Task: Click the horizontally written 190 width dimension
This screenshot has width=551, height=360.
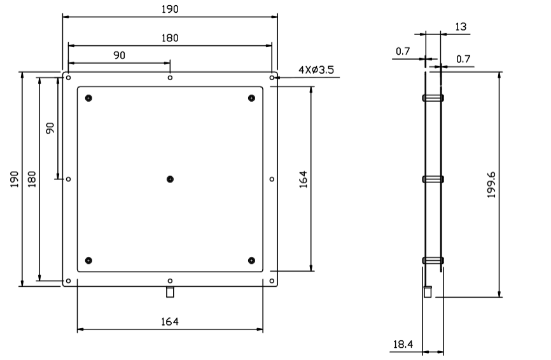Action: [169, 9]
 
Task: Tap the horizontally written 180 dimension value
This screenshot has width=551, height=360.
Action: [169, 38]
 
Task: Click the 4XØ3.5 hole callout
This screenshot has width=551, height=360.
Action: [316, 69]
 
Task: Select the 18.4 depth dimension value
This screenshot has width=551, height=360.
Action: [402, 344]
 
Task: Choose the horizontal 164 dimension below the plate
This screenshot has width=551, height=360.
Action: [169, 321]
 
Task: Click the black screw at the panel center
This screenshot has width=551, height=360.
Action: [170, 179]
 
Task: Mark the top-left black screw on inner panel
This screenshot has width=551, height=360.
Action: [88, 97]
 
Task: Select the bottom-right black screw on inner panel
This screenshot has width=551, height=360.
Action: [252, 260]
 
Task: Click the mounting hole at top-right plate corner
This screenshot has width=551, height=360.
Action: [272, 77]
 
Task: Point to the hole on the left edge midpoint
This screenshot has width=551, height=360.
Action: [68, 179]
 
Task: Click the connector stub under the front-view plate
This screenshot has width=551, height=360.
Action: [170, 292]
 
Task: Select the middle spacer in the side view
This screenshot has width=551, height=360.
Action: [433, 179]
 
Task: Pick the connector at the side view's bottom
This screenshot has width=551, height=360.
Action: [428, 291]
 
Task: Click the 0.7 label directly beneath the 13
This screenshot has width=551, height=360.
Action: [463, 59]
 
